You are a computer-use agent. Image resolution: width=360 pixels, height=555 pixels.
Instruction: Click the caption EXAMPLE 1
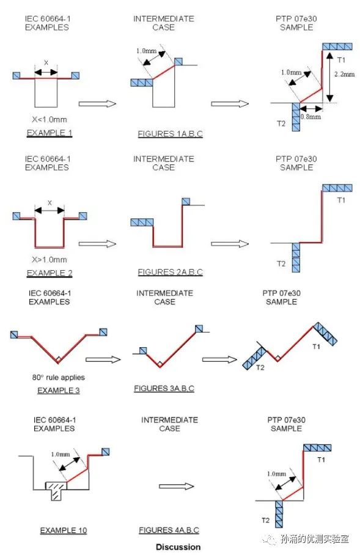click(x=50, y=133)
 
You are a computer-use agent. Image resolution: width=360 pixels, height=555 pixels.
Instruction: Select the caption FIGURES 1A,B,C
click(x=171, y=134)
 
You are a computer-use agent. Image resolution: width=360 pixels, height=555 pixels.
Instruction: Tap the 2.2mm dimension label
click(x=344, y=75)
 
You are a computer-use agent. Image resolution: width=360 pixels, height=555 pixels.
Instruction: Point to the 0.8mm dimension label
click(x=310, y=117)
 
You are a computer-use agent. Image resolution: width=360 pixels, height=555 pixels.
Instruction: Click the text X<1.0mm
click(x=50, y=120)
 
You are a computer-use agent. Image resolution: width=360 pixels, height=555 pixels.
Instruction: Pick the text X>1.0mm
click(x=50, y=260)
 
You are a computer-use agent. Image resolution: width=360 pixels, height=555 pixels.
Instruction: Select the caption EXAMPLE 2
click(x=50, y=273)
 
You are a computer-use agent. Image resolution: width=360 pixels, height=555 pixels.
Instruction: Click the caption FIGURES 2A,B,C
click(x=171, y=272)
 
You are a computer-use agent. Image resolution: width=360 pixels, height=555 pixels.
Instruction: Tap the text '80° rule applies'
click(x=59, y=377)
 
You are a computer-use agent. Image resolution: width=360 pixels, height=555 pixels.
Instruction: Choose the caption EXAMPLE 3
click(x=59, y=391)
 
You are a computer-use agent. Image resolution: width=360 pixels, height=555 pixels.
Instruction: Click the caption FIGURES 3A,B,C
click(x=164, y=389)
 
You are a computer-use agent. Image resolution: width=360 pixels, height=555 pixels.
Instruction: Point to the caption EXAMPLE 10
click(x=64, y=530)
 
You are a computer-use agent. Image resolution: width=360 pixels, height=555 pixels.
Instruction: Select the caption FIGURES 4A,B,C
click(x=169, y=530)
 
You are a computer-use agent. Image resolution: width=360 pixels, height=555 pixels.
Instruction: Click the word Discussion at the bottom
click(x=178, y=547)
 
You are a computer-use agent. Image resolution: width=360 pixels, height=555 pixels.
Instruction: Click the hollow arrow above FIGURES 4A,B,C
click(x=176, y=486)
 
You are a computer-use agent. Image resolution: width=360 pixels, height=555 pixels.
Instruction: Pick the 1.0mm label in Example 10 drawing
click(x=61, y=455)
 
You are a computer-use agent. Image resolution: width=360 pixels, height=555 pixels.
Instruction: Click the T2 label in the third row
click(x=260, y=368)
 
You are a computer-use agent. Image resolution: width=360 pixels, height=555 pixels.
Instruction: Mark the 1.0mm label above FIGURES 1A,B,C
click(x=146, y=51)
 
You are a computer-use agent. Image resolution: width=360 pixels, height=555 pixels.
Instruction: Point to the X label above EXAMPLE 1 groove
click(x=46, y=62)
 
